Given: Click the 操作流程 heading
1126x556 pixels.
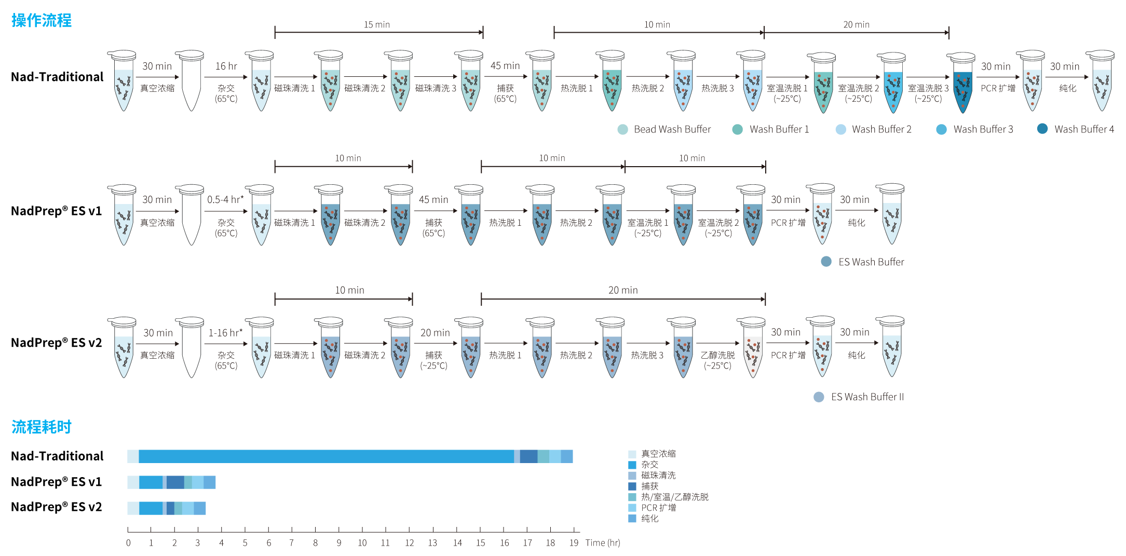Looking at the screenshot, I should pyautogui.click(x=42, y=21).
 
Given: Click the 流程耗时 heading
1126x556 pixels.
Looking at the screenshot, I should pyautogui.click(x=42, y=427).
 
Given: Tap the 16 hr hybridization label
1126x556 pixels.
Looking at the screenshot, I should pyautogui.click(x=226, y=66).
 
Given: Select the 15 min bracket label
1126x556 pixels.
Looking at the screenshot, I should pyautogui.click(x=377, y=24).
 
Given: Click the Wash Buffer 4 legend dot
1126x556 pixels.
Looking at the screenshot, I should pyautogui.click(x=1042, y=129).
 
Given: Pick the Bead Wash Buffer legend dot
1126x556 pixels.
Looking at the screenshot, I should pyautogui.click(x=622, y=129).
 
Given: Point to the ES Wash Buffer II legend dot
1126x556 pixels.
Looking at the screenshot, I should pyautogui.click(x=819, y=397).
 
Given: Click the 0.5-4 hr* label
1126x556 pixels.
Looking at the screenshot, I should pyautogui.click(x=225, y=200).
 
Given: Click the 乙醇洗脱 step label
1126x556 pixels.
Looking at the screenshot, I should pyautogui.click(x=718, y=355).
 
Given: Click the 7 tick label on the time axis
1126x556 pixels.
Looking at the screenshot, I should pyautogui.click(x=292, y=543).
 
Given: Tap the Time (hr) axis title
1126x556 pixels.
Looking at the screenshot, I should pyautogui.click(x=603, y=543).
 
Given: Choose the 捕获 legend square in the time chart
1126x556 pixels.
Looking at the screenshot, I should pyautogui.click(x=632, y=486).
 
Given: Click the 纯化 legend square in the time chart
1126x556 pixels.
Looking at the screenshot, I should pyautogui.click(x=632, y=519).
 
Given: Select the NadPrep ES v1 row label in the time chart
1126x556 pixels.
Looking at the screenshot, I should pyautogui.click(x=57, y=482).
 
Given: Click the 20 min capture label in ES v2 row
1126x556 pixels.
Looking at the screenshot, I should pyautogui.click(x=435, y=333).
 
